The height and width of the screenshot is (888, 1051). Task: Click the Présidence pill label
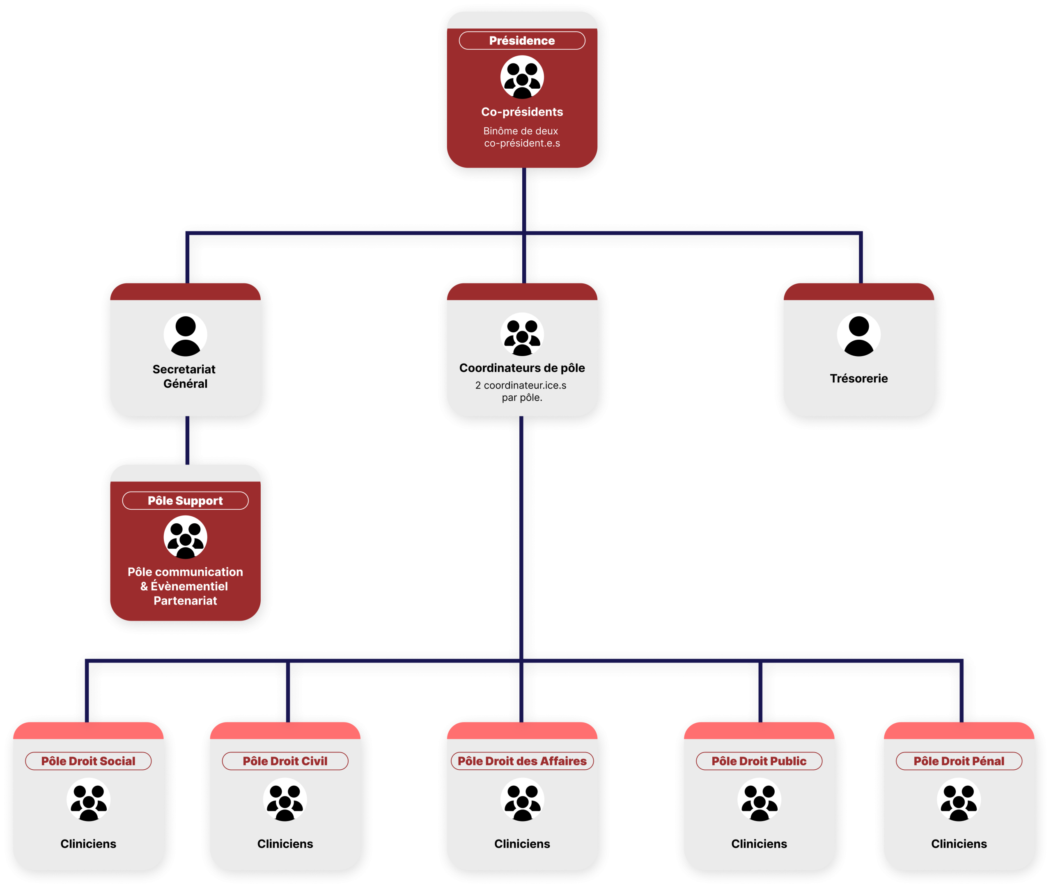[x=522, y=41]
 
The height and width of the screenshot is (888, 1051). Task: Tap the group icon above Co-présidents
[x=522, y=77]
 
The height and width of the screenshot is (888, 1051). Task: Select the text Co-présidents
[x=522, y=112]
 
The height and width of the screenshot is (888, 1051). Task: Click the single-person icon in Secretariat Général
[x=185, y=334]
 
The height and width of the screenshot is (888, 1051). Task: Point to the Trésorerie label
[x=858, y=379]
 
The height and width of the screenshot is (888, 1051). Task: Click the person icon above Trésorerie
[x=858, y=334]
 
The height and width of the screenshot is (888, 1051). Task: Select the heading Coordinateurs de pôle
[x=522, y=368]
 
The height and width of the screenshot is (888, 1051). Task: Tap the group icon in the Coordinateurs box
[x=522, y=334]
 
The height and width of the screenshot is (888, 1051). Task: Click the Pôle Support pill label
[x=185, y=501]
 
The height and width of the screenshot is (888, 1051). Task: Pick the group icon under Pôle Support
[x=185, y=537]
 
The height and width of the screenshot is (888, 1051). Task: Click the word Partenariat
[x=185, y=600]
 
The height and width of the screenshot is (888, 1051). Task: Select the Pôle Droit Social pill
[x=88, y=761]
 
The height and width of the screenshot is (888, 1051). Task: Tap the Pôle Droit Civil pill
[x=285, y=761]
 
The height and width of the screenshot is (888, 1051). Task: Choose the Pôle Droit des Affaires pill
[x=522, y=761]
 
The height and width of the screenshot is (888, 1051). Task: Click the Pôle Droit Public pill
[x=759, y=761]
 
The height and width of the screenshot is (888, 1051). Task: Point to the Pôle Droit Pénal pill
[x=959, y=761]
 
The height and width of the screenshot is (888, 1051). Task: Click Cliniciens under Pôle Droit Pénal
[x=959, y=844]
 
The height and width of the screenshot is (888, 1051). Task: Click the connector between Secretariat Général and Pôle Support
[x=187, y=440]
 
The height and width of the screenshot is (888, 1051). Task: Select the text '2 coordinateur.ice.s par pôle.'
[x=522, y=391]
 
